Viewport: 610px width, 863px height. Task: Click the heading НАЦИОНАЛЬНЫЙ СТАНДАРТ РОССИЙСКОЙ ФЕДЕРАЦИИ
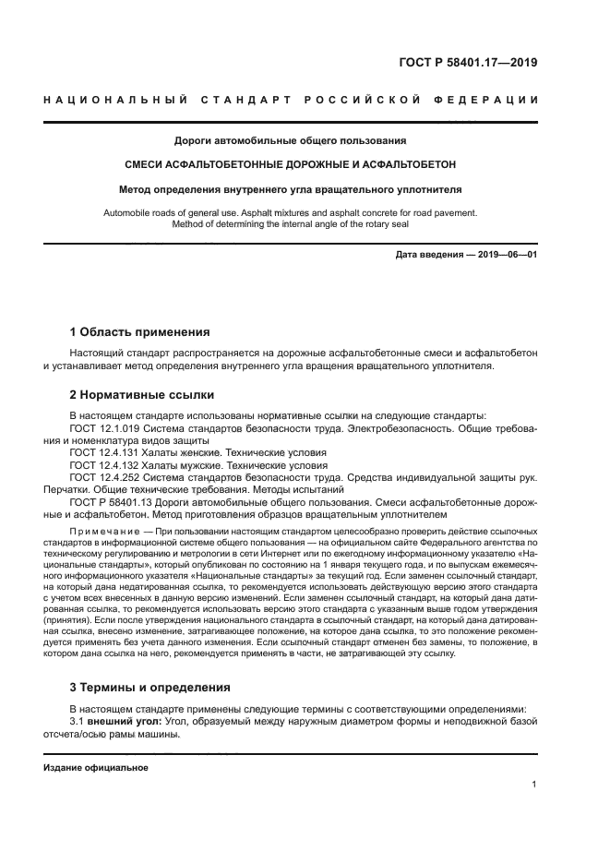291,100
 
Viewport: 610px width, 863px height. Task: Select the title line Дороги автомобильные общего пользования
291,141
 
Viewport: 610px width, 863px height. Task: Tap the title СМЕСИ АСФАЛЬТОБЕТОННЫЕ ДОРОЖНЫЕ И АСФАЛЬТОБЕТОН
291,165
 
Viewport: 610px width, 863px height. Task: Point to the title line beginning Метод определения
291,189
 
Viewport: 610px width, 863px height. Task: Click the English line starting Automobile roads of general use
291,212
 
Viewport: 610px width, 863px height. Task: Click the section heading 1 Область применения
139,331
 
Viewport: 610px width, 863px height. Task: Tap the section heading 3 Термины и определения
152,687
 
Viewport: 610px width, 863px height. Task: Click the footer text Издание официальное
95,767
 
